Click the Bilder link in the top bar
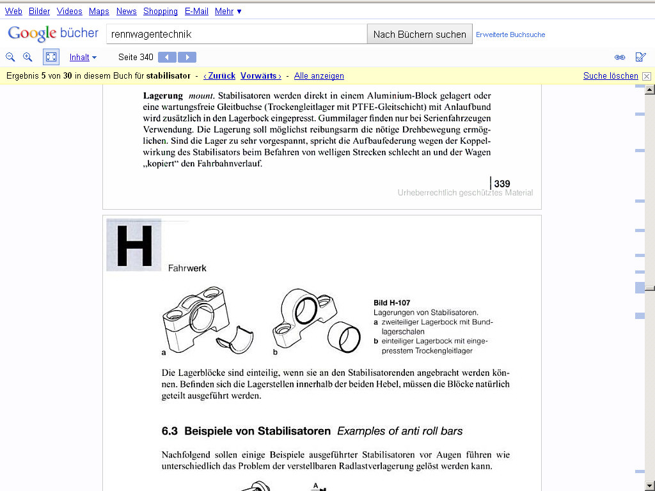tap(39, 11)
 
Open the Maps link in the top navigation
tap(99, 11)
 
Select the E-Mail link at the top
tap(196, 11)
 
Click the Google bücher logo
tap(53, 33)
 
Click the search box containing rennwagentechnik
tap(236, 34)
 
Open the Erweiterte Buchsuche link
tap(510, 35)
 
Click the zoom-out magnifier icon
tap(10, 57)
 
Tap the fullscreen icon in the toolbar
tap(51, 57)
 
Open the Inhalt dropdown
tap(83, 57)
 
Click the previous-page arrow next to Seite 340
tap(167, 57)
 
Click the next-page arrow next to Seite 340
tap(187, 57)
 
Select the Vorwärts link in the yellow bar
tap(260, 75)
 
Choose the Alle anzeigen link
tap(319, 75)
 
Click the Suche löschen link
tap(610, 75)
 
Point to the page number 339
tap(502, 183)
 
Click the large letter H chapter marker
tap(134, 245)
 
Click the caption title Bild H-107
tap(391, 302)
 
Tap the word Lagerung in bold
tap(163, 96)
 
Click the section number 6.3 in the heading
tap(170, 431)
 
